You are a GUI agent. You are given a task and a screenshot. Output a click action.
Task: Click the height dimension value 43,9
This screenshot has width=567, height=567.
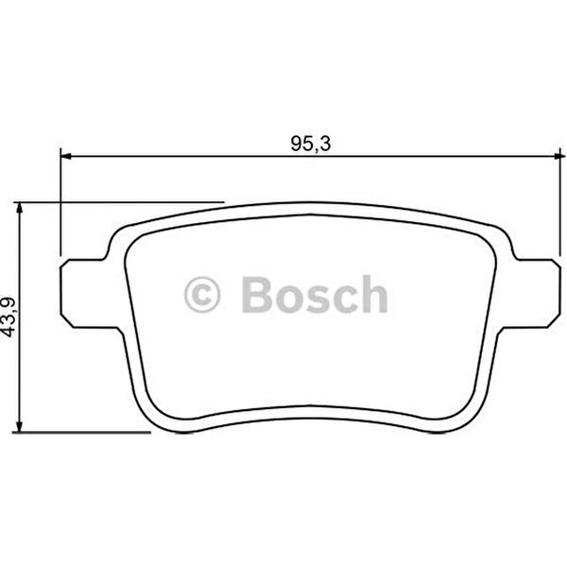pos(9,317)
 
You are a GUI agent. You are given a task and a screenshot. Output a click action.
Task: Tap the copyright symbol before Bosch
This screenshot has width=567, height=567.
pos(201,295)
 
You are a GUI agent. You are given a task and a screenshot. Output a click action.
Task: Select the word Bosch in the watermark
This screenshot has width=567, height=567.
pos(314,295)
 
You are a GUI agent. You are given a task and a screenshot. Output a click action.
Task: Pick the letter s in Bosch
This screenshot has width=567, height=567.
pos(316,299)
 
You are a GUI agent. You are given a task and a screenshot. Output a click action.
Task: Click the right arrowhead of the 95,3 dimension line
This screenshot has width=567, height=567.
pos(558,158)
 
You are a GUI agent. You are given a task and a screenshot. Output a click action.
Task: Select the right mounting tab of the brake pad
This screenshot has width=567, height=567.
pos(539,293)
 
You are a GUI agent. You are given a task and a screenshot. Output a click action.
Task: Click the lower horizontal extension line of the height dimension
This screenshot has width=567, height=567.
pos(85,433)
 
